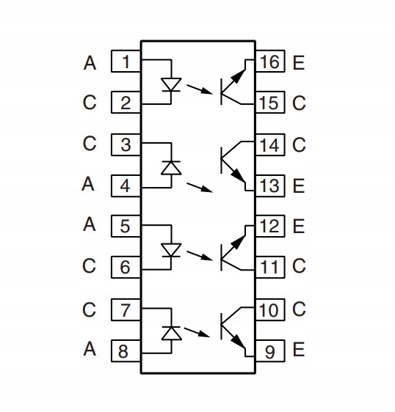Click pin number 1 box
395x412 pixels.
(126, 61)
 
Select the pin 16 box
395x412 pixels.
(270, 61)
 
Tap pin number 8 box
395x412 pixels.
(126, 350)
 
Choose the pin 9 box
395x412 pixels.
(270, 350)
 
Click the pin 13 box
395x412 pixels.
(270, 185)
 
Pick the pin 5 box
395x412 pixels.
(126, 226)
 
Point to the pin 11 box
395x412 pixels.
(270, 267)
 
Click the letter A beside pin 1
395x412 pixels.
(90, 63)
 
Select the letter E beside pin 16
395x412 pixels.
(299, 63)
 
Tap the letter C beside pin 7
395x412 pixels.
(89, 309)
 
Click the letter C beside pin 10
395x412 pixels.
(299, 309)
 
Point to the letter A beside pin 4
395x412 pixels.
(88, 184)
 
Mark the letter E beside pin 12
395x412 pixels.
(299, 227)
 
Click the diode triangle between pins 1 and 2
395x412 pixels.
(171, 84)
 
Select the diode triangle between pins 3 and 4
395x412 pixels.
(171, 168)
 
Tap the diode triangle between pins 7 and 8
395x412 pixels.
(171, 334)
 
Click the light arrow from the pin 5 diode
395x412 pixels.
(199, 256)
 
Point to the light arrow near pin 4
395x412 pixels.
(200, 188)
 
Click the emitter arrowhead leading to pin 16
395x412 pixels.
(238, 76)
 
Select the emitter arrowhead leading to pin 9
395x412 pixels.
(238, 342)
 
